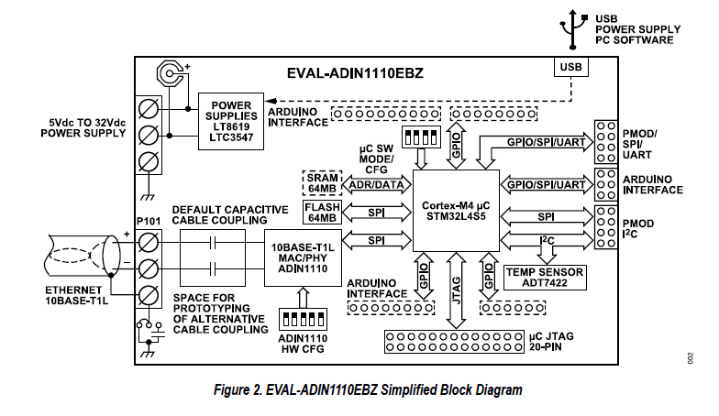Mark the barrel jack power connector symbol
[x=170, y=72]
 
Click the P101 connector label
[x=149, y=221]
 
